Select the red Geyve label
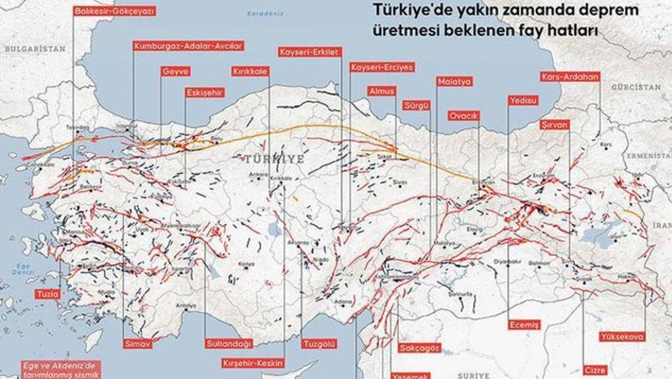[x=176, y=71]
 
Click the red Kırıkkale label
[x=249, y=71]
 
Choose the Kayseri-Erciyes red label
[x=381, y=66]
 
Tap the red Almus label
[x=382, y=90]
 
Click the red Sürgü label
[x=416, y=106]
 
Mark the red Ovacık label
[x=463, y=116]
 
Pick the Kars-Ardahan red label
[x=570, y=76]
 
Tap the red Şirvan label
[x=554, y=124]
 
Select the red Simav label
[x=134, y=342]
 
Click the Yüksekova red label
[x=622, y=336]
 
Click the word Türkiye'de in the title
[x=407, y=11]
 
